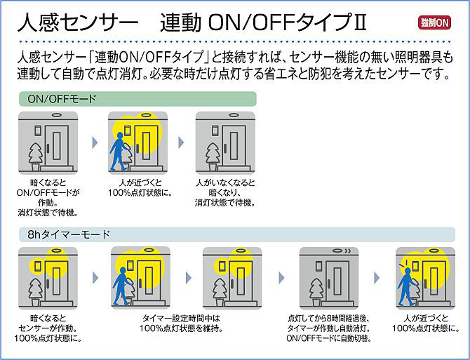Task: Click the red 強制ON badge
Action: [435, 22]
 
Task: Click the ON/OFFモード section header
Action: [62, 100]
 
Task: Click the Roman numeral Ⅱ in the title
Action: [360, 22]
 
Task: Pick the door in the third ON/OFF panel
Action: [232, 144]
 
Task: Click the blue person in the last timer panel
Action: [405, 286]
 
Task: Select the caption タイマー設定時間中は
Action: [180, 318]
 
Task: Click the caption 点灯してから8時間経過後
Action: [329, 318]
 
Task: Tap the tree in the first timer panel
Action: [35, 289]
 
